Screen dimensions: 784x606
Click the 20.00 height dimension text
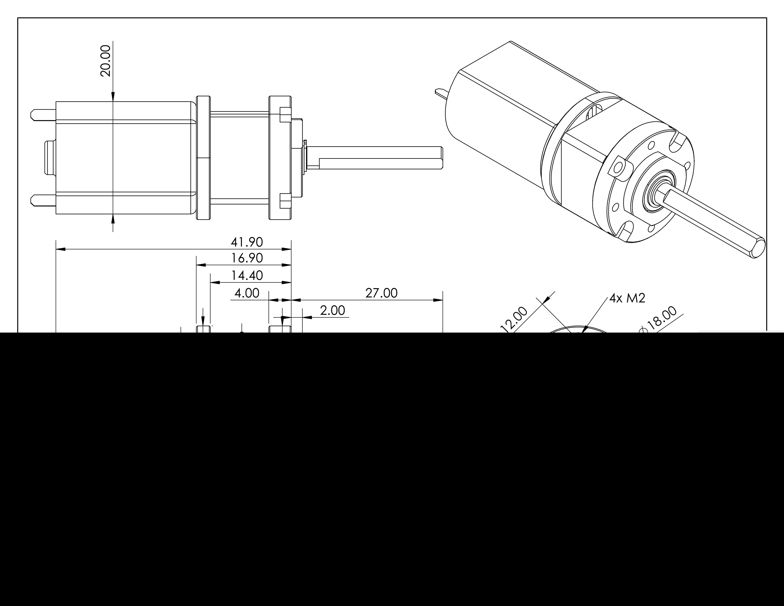point(106,61)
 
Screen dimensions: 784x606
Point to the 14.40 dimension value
point(247,276)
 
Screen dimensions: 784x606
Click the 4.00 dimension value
point(247,293)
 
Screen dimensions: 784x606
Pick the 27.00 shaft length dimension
point(381,293)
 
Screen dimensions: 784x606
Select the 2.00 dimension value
point(332,310)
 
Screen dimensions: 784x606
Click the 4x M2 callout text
point(627,298)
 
